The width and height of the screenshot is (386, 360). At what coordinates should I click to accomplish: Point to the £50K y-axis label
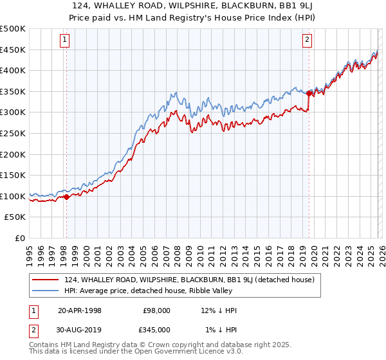tap(15, 217)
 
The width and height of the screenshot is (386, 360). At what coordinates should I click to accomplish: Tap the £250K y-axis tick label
tap(13, 134)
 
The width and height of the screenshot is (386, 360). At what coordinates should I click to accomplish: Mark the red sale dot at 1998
tap(66, 197)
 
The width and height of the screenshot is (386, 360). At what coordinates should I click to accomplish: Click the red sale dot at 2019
tap(309, 94)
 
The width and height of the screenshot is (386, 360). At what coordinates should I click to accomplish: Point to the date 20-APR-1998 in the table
tap(80, 310)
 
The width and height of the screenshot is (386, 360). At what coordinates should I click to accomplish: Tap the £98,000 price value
tap(156, 310)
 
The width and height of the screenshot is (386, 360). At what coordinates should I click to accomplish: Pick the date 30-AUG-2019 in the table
tap(80, 330)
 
